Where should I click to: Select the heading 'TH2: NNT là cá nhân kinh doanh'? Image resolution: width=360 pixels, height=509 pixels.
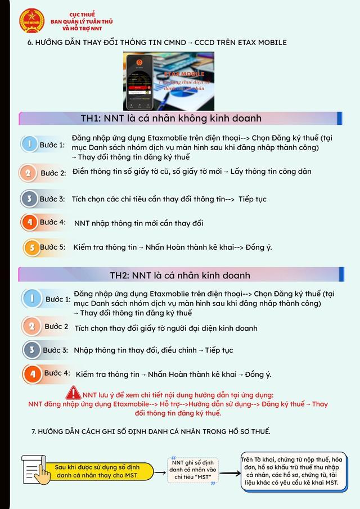[x=179, y=275]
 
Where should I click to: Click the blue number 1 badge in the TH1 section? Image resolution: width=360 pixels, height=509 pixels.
[x=29, y=145]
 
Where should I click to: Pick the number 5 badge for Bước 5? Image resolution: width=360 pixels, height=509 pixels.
[x=31, y=247]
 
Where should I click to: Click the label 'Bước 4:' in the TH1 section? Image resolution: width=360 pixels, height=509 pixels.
[x=52, y=223]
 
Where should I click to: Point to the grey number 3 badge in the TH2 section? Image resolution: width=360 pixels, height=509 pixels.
[x=31, y=350]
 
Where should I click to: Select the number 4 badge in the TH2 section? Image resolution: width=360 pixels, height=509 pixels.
[x=31, y=373]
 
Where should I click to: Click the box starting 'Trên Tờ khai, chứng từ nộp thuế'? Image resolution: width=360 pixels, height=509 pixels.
[x=291, y=471]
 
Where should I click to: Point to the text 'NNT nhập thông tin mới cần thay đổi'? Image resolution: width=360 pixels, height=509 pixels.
[x=138, y=223]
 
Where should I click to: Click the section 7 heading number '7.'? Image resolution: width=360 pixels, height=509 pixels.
[x=34, y=432]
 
